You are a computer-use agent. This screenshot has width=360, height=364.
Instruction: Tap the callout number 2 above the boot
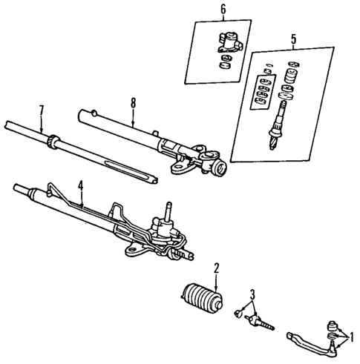[x=216, y=268]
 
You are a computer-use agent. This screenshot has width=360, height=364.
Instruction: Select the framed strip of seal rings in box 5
[x=262, y=92]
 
